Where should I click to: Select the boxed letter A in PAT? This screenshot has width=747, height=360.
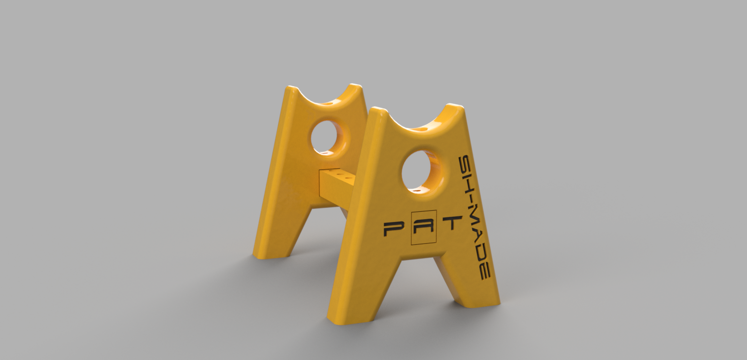click(x=424, y=227)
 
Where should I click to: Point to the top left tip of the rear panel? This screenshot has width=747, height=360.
click(x=291, y=89)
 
